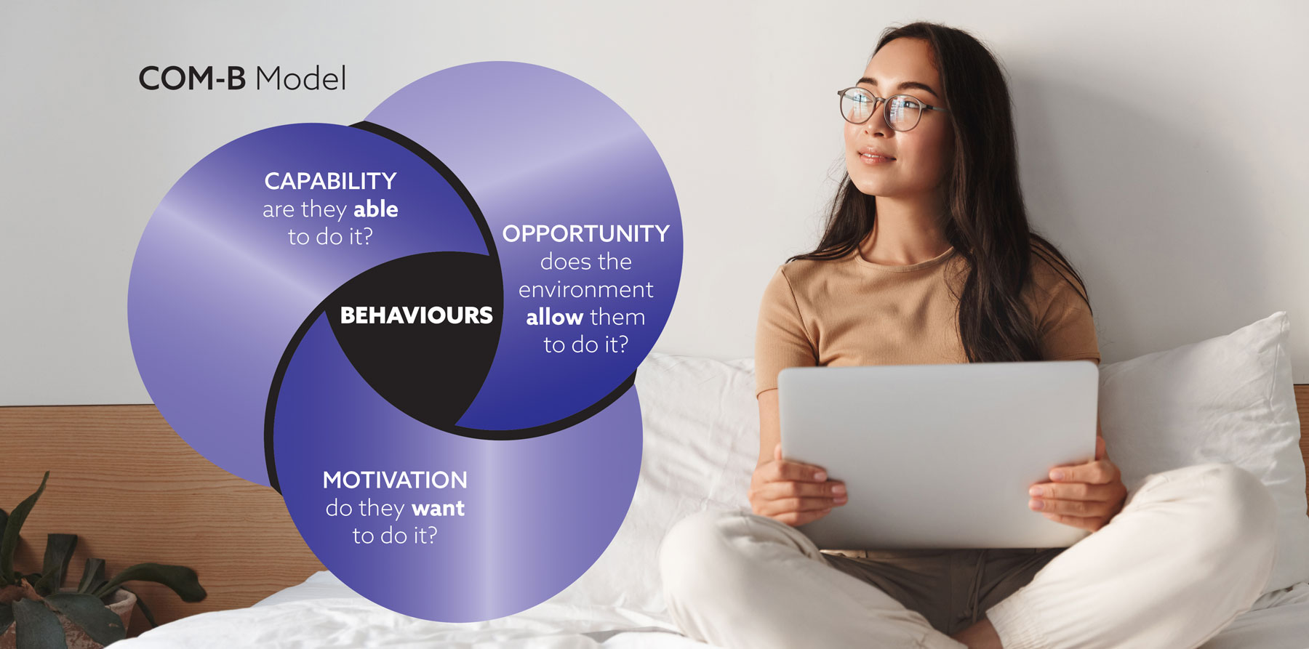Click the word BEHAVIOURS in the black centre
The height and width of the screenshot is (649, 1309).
417,315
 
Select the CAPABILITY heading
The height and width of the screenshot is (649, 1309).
330,180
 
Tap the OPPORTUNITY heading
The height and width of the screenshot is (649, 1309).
585,233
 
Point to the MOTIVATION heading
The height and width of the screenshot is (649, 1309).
395,480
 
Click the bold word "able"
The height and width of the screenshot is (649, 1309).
376,209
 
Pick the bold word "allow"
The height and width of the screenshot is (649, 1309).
554,317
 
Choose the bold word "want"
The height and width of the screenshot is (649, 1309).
438,508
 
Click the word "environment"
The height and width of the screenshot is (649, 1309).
585,289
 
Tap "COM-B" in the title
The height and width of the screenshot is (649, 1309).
192,78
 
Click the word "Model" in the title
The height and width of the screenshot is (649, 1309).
301,78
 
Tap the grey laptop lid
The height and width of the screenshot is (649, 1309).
938,454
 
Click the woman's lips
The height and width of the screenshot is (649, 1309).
875,155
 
